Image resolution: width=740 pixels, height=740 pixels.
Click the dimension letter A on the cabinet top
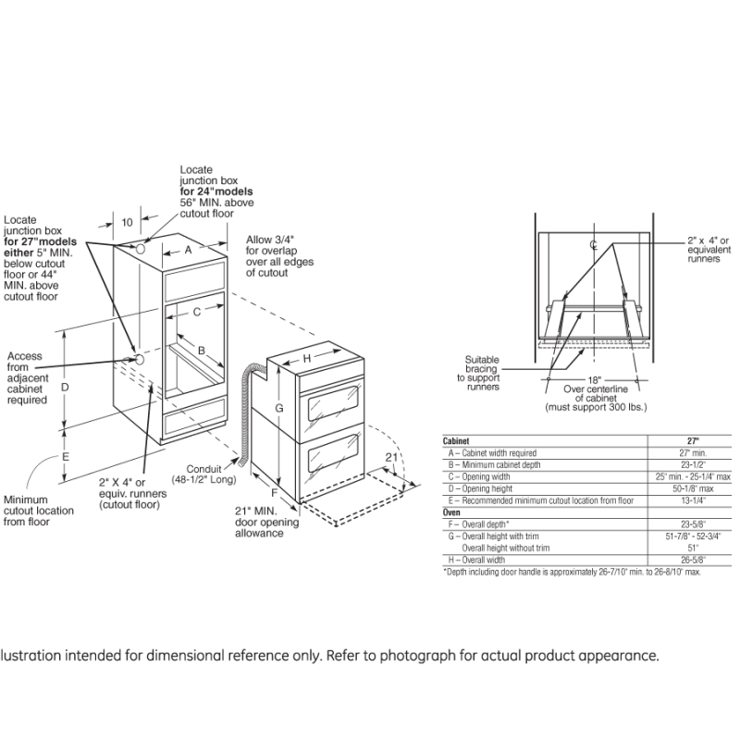(187, 250)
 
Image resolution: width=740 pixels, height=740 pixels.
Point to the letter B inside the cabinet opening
(201, 350)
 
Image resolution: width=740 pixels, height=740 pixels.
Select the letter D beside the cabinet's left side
(66, 388)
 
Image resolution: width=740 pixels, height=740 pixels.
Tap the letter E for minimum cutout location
(66, 456)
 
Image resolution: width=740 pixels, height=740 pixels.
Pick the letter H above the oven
(306, 359)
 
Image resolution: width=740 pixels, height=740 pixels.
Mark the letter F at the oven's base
(286, 494)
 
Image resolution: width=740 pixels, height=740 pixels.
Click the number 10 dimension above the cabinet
(127, 222)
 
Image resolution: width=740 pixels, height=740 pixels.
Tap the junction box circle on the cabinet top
(140, 249)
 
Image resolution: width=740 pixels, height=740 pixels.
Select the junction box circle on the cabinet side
(136, 358)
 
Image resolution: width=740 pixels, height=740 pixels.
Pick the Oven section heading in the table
(453, 512)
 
